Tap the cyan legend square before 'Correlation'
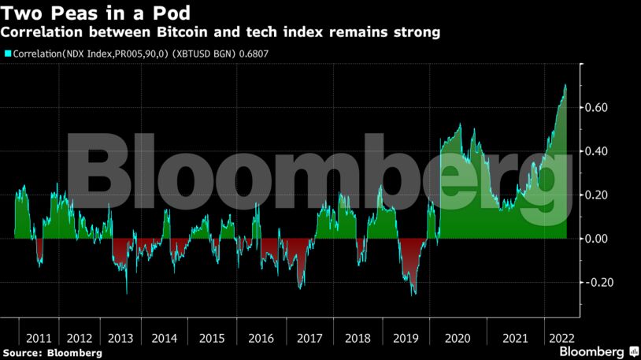(x=8, y=54)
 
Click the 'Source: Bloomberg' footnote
(x=52, y=353)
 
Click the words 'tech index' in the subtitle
(x=273, y=32)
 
